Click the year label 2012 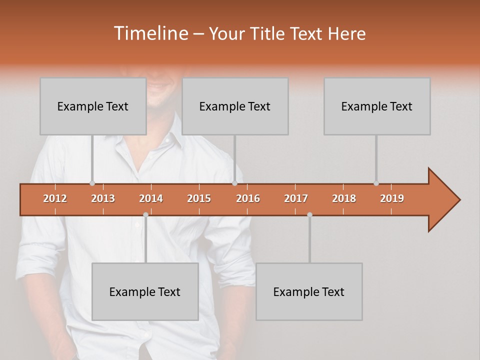point(55,198)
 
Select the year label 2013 point(103,198)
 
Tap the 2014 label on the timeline point(151,198)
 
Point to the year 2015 point(199,198)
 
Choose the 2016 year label point(248,198)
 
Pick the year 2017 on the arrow point(296,198)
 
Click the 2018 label point(344,198)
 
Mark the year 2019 point(392,198)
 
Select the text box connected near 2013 point(93,106)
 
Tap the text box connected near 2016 point(235,106)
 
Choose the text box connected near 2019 point(377,106)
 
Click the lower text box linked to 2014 point(145,291)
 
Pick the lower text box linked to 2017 point(309,291)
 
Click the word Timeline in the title point(150,33)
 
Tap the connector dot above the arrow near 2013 point(92,183)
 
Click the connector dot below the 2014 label point(145,214)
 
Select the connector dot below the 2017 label point(309,214)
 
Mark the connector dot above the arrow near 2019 point(376,183)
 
